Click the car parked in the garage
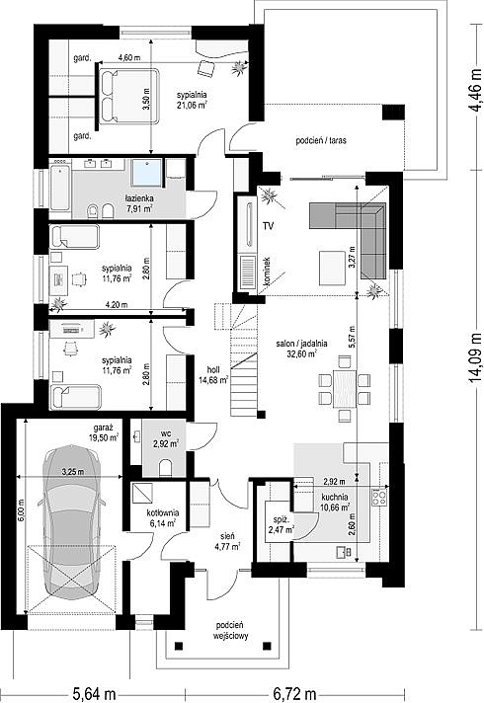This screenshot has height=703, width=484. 71,522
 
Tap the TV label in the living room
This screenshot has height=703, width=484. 269,226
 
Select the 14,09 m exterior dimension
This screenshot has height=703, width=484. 474,364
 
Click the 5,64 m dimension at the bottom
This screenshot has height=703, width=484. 94,694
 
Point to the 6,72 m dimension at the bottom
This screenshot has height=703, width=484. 294,694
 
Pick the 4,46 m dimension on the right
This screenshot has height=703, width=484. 474,95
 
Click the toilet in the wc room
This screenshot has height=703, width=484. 166,467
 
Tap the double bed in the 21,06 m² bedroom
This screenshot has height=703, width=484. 129,96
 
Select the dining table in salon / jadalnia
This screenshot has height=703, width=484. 345,388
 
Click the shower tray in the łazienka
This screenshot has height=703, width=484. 146,172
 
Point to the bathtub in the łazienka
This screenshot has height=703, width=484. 60,188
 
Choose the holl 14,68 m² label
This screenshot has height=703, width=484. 213,375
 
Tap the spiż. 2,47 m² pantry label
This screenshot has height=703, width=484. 282,525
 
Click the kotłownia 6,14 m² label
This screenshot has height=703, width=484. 163,517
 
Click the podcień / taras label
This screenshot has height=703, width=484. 321,140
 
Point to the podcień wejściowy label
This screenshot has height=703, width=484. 230,630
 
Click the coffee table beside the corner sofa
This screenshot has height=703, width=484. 333,268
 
